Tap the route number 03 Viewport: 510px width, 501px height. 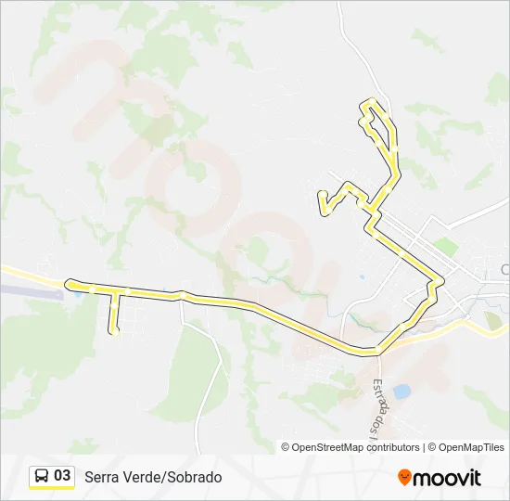click(62, 476)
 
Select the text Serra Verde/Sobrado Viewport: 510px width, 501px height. click(153, 477)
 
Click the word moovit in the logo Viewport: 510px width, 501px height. click(447, 478)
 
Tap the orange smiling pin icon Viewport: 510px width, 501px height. click(404, 477)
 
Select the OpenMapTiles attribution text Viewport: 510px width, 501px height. click(472, 447)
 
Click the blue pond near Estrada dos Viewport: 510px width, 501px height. click(402, 392)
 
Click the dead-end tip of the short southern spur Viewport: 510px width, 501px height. click(114, 331)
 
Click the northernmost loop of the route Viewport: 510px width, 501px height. click(372, 104)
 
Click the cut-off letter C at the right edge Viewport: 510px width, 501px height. click(505, 269)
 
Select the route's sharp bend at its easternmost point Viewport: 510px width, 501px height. click(441, 280)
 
